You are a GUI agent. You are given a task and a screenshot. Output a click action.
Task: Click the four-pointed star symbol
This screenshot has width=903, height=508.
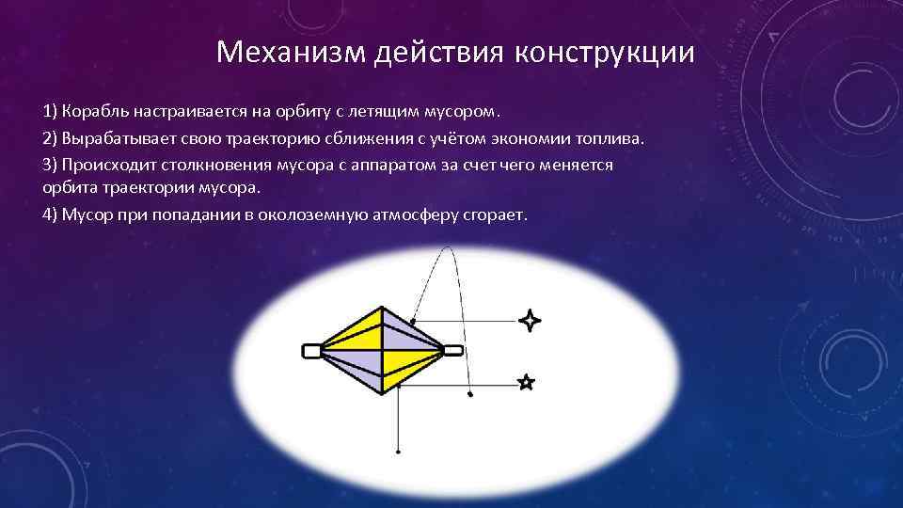click(531, 321)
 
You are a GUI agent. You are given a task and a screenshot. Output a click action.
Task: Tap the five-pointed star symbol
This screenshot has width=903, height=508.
click(526, 382)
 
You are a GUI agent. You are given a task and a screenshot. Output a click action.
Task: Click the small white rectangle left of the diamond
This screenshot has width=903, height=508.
click(311, 351)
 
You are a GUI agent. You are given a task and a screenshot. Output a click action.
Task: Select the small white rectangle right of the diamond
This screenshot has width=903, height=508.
click(453, 351)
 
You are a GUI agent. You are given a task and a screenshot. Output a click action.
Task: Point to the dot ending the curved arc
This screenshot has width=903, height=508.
click(470, 396)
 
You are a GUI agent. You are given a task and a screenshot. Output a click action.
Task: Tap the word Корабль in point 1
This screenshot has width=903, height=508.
click(94, 112)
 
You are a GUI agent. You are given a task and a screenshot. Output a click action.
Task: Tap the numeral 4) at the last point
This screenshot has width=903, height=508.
click(50, 214)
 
